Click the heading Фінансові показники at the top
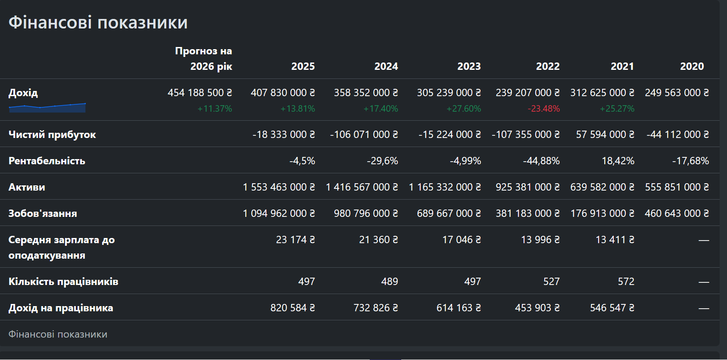[98, 22]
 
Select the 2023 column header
[469, 66]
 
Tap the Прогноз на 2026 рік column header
[203, 59]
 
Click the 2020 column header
[692, 66]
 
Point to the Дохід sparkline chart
[47, 108]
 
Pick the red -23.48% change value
[543, 108]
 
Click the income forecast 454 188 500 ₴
[200, 93]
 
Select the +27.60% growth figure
[464, 108]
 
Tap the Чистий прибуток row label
[52, 135]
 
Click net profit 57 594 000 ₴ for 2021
[605, 135]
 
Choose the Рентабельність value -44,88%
[541, 161]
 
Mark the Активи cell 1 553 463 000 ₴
[279, 187]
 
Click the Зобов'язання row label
[43, 213]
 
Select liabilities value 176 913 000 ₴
[602, 213]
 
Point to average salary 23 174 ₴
[295, 240]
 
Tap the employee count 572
[626, 281]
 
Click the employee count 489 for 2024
[390, 281]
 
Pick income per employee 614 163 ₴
[459, 308]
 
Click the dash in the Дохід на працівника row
[704, 308]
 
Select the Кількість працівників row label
[63, 282]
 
